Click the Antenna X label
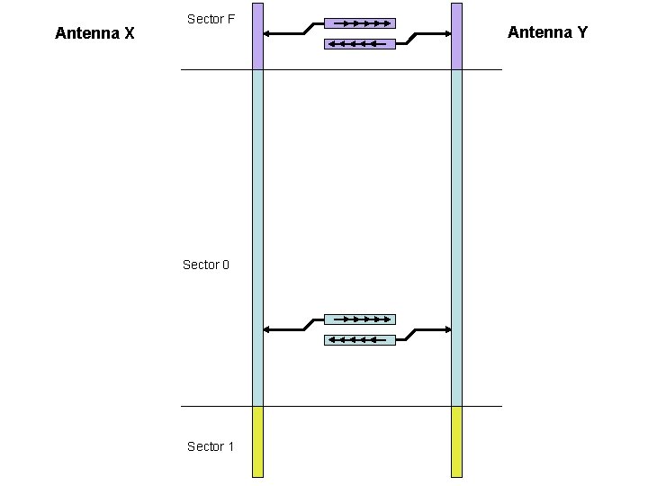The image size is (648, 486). (94, 34)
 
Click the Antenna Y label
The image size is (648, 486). (547, 32)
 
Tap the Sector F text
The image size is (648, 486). (211, 19)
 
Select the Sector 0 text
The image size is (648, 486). (206, 265)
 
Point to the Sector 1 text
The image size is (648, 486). (211, 446)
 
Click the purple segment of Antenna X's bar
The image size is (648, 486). (257, 36)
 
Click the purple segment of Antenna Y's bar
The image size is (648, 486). (456, 36)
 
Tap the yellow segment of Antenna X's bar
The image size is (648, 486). (257, 441)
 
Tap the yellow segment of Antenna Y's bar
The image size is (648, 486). (456, 441)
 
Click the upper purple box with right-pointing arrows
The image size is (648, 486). (360, 23)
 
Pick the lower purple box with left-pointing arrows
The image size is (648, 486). (360, 43)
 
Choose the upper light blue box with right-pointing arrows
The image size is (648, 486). (360, 319)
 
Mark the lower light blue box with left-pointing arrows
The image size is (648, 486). (360, 339)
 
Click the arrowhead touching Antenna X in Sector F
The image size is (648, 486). (268, 34)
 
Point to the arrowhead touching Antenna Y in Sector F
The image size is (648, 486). (446, 34)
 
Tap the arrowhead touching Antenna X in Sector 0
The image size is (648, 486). (268, 329)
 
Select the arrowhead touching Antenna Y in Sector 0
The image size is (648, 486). (446, 329)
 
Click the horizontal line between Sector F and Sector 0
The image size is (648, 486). (342, 69)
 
